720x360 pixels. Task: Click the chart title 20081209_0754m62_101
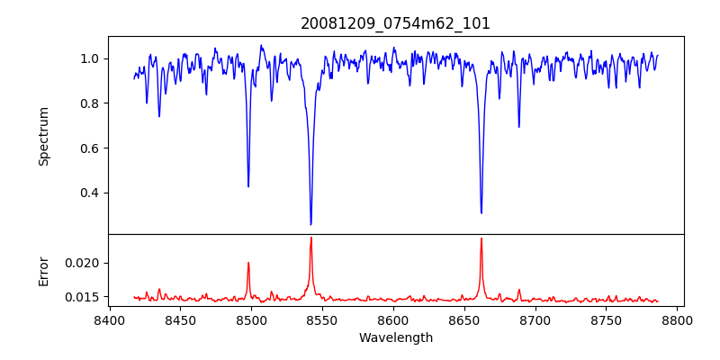(395, 23)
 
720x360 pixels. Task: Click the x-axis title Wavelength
(395, 337)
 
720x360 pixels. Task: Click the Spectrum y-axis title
(43, 136)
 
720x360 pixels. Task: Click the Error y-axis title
(43, 271)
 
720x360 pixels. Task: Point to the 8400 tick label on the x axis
(109, 319)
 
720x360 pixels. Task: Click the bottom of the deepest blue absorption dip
(310, 224)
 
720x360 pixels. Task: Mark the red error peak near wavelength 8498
(248, 263)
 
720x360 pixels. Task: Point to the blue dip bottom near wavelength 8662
(481, 213)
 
